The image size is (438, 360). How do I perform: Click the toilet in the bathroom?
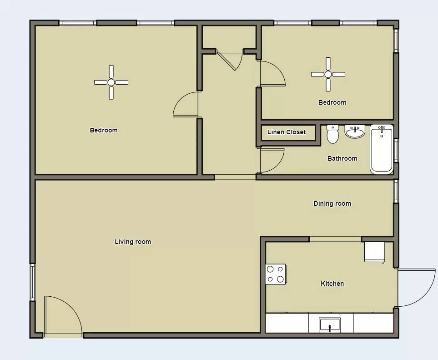coord(332,134)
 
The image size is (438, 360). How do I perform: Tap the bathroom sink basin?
coord(355,132)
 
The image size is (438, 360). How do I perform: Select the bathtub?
coord(382,149)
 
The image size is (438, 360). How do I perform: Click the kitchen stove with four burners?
coord(276,274)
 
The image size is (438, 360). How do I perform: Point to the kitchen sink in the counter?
coord(330,325)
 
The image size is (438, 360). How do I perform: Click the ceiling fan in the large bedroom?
coord(111,82)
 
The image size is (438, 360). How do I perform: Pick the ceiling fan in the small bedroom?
coord(328,74)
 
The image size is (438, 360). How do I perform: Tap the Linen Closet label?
coord(287,132)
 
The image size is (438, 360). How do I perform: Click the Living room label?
coord(133,242)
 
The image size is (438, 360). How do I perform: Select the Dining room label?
coord(332,203)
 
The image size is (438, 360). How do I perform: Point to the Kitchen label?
coord(332,284)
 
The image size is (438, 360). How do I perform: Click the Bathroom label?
coord(342,158)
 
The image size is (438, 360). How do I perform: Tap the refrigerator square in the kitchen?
coord(375,252)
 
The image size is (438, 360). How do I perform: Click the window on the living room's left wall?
coord(32,282)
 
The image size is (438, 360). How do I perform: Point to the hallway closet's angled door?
coord(226,61)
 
